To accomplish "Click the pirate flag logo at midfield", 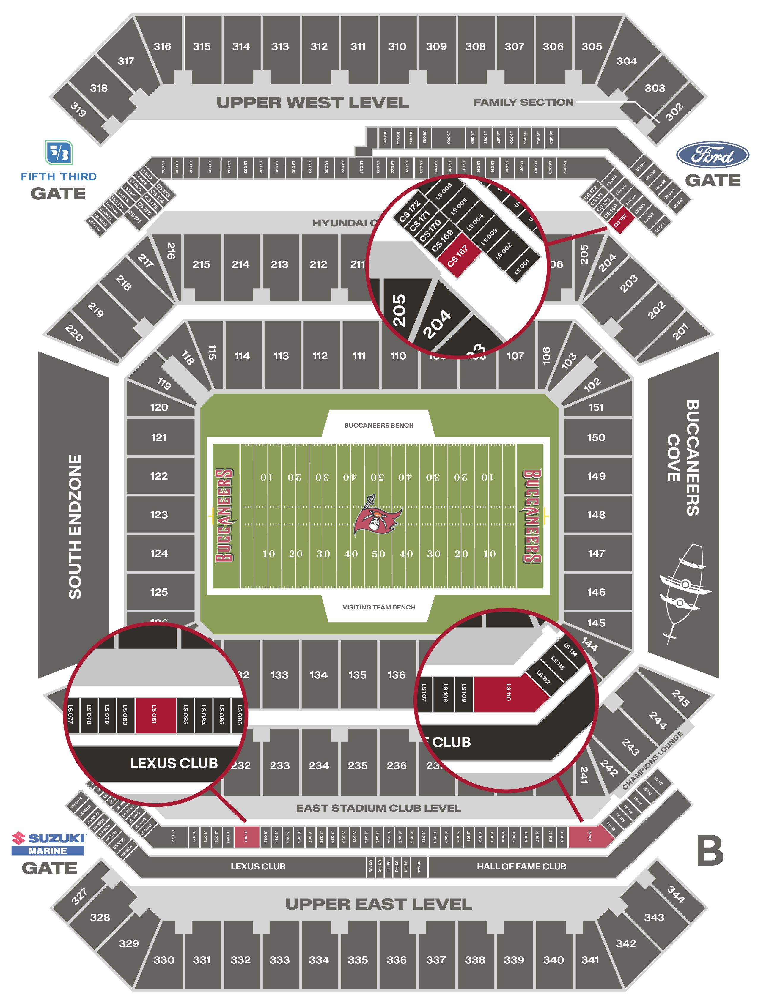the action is pos(378,515).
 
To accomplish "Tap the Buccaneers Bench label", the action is pos(378,425).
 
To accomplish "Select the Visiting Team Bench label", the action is pos(378,607).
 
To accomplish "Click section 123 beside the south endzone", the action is pos(159,515).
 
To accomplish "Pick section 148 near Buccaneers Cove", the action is pos(596,515).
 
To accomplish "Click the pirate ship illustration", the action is pos(684,591).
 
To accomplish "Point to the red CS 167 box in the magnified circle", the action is pos(458,256).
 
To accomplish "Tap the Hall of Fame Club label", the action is pos(521,867).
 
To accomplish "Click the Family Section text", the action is pos(523,103).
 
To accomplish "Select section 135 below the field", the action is pos(358,675).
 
